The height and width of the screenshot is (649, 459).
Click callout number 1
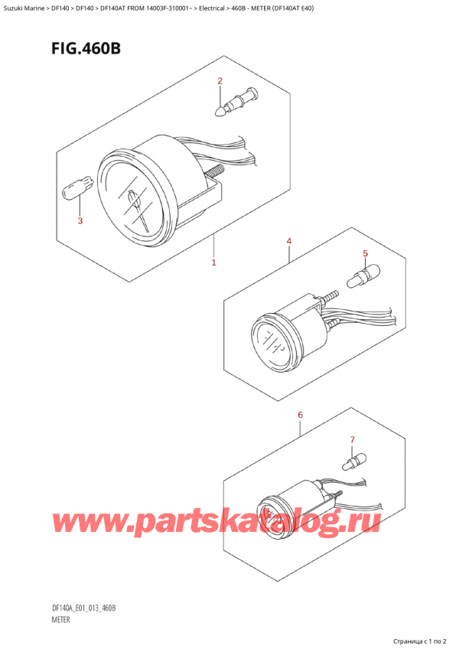click(214, 263)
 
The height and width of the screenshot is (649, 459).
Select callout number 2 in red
click(220, 80)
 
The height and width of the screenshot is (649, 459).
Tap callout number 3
click(80, 221)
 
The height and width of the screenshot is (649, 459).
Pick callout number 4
click(289, 242)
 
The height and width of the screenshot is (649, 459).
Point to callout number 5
click(365, 253)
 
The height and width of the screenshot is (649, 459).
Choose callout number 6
click(301, 415)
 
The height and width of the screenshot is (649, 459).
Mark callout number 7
click(352, 440)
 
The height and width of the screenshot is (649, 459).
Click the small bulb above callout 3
click(80, 188)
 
